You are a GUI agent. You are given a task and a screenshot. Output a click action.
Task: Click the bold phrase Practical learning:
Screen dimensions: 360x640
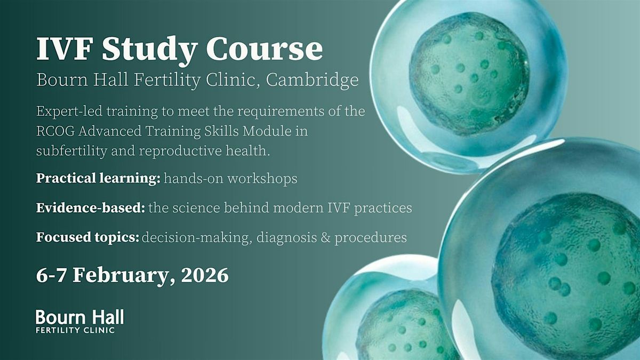[98, 179]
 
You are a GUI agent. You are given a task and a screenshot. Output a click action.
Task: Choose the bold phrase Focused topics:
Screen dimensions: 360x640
[87, 237]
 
